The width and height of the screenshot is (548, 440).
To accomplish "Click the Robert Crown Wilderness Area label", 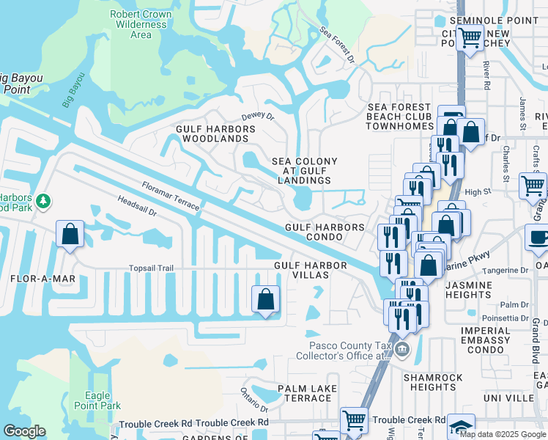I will [140, 24].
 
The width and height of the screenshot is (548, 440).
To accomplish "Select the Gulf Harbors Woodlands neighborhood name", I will [215, 133].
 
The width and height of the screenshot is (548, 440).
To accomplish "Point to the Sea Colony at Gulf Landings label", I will [305, 171].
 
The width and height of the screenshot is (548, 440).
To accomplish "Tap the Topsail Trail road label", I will [151, 268].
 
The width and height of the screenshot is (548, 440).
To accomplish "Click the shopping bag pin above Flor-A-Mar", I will [70, 235].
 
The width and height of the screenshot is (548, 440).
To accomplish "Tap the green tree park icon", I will [43, 201].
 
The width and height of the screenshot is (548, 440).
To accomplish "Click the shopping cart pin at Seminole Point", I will [470, 36].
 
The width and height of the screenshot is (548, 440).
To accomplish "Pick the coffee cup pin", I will [538, 238].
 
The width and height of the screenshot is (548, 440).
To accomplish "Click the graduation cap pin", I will [461, 427].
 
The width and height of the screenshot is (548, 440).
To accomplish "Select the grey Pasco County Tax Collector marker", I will [401, 350].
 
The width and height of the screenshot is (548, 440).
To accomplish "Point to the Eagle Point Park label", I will [97, 400].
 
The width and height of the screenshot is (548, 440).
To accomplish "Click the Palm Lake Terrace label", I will [308, 393].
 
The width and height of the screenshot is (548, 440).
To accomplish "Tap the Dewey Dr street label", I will [257, 116].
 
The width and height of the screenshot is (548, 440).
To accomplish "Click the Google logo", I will [25, 431].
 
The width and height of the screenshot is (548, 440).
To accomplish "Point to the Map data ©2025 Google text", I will [503, 433].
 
